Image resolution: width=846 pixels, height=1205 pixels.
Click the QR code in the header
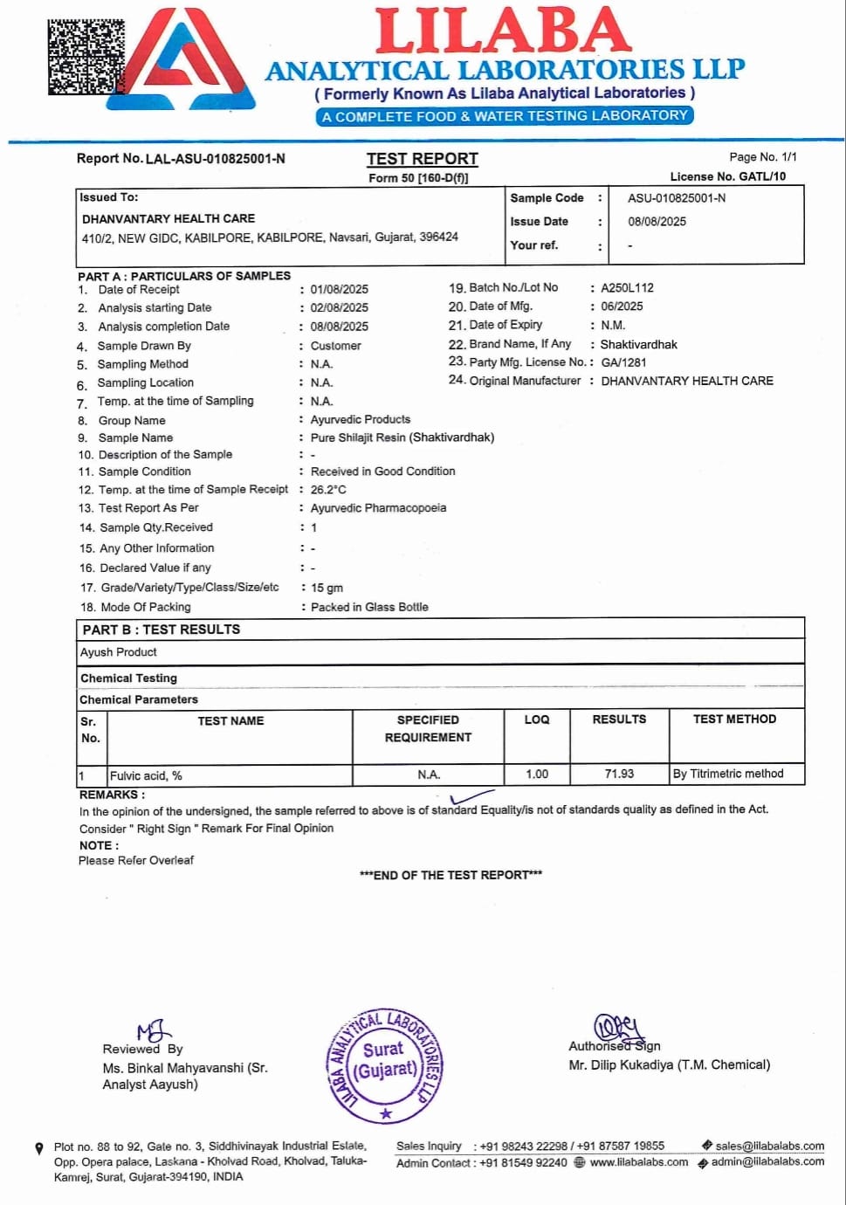coord(86,57)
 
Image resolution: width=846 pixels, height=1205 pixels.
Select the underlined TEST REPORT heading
coord(422,159)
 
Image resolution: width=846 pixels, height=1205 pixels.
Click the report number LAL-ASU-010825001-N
coord(215,158)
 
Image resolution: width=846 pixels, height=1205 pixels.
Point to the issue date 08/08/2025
coord(657,222)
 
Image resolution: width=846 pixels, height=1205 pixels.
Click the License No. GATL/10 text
coord(727,176)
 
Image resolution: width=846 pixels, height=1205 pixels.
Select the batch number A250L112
coord(627,287)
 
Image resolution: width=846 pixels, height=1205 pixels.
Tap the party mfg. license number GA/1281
coord(623,361)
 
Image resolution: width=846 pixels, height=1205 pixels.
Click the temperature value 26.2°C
coord(328,490)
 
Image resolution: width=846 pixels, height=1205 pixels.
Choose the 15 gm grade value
coord(327,588)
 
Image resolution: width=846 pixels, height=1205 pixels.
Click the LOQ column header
coord(536,720)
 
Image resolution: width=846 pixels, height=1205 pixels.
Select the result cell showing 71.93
coord(619,774)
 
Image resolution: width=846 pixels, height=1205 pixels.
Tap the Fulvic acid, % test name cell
coord(146,775)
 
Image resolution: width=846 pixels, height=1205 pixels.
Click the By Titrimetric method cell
coord(727,774)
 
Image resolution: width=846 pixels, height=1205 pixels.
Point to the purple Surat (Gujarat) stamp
coord(384,1064)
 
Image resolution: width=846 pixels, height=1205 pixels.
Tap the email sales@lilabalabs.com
coord(769,1146)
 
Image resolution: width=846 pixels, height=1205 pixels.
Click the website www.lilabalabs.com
coord(638,1162)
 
